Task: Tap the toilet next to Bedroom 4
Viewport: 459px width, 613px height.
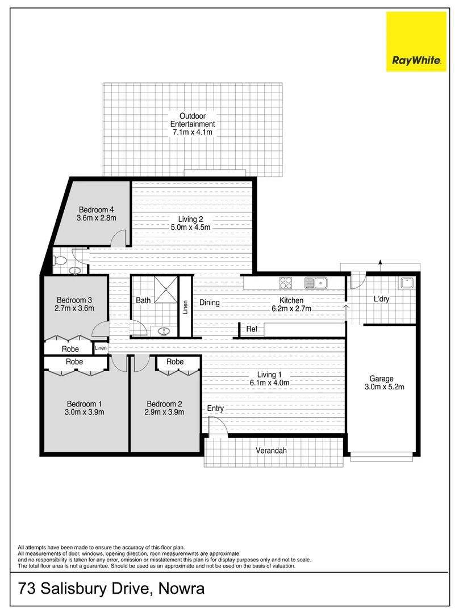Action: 60,261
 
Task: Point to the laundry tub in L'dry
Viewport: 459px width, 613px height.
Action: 407,282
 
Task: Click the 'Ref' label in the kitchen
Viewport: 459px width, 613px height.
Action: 252,329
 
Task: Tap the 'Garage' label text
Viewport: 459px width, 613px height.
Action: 381,379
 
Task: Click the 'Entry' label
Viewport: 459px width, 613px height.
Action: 215,408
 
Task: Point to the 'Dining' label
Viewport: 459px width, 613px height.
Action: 210,303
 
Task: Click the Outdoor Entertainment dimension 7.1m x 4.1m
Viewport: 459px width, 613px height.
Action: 193,132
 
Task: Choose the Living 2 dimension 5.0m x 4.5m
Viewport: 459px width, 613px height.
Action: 191,228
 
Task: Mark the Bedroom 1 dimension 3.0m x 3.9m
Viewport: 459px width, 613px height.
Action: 85,413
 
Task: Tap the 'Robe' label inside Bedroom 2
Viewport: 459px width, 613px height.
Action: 175,362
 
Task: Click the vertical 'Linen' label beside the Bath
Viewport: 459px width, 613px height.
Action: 185,307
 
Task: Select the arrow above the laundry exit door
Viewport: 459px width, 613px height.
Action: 379,262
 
